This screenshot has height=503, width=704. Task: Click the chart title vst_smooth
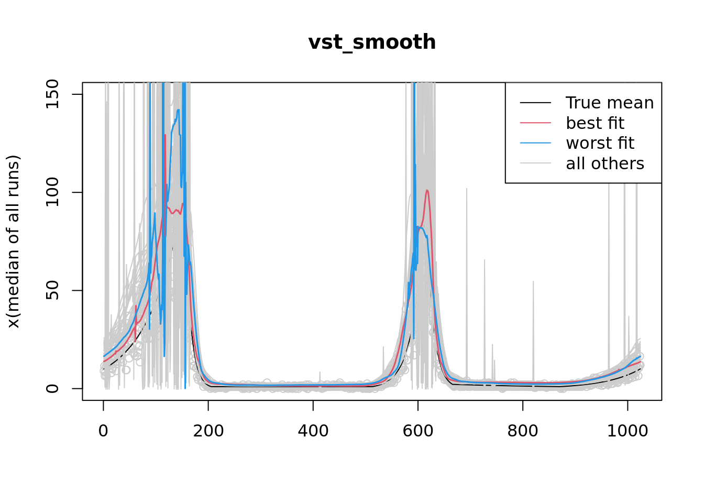(x=372, y=42)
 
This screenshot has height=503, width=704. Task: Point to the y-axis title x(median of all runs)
(x=14, y=242)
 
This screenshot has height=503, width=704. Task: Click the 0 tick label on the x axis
(x=103, y=431)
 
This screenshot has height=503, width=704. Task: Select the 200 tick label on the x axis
(x=208, y=431)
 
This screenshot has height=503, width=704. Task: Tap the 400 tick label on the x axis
(x=313, y=431)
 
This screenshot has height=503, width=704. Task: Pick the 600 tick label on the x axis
(x=417, y=431)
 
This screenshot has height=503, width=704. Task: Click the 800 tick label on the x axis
(x=522, y=431)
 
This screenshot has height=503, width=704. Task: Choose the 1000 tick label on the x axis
(x=627, y=431)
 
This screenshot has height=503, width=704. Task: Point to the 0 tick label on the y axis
(x=53, y=388)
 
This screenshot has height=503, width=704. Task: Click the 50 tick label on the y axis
(x=53, y=290)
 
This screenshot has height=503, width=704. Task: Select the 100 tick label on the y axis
(x=53, y=192)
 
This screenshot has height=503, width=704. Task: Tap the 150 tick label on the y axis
(x=53, y=94)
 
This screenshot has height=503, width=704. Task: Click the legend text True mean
(x=610, y=103)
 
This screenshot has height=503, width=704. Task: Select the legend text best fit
(x=595, y=123)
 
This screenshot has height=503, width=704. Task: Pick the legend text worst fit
(x=600, y=143)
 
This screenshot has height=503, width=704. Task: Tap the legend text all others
(x=605, y=163)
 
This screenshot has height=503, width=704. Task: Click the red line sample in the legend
(x=535, y=123)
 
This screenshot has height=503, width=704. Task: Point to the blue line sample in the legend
(x=535, y=143)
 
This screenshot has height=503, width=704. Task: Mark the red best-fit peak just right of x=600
(x=427, y=190)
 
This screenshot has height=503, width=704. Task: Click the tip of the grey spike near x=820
(x=533, y=281)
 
